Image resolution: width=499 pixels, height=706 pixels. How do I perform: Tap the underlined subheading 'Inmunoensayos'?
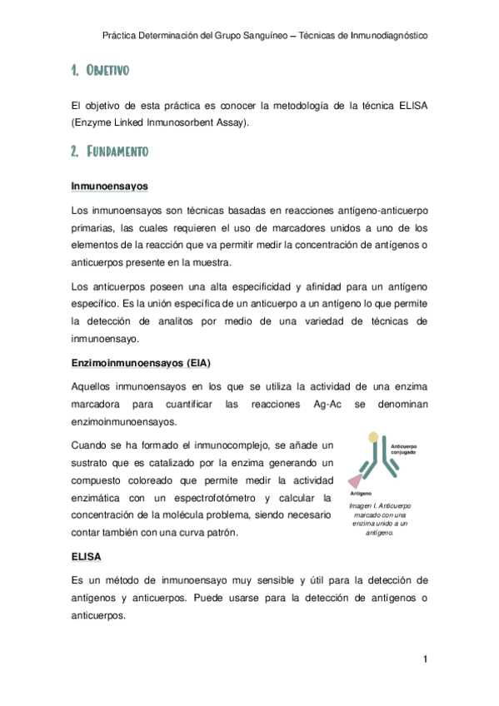click(x=109, y=186)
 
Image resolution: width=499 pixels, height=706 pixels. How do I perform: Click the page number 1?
click(x=425, y=661)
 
